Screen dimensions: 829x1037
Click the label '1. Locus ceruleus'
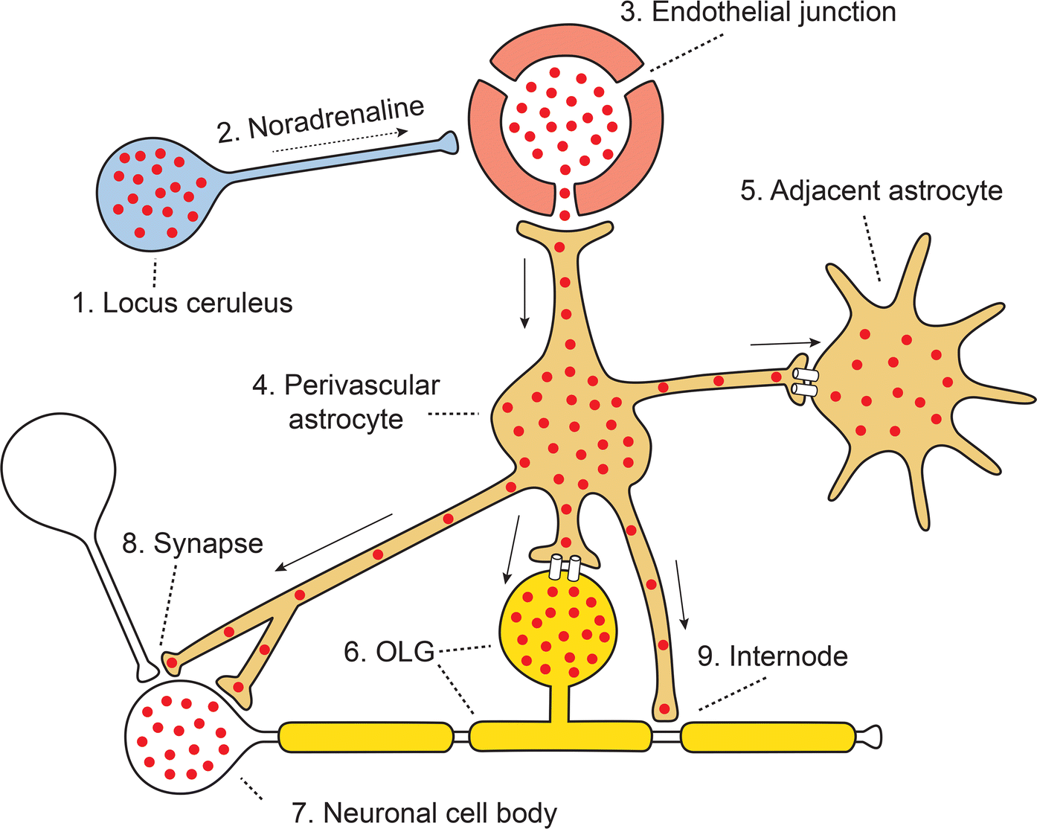pos(182,303)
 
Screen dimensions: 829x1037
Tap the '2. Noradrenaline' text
pos(321,119)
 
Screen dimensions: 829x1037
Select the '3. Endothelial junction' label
pos(758,13)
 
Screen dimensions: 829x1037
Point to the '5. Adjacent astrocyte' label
pos(871,191)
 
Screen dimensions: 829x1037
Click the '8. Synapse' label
pos(193,543)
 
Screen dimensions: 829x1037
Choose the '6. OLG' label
pos(389,652)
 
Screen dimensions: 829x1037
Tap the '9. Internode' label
pos(772,656)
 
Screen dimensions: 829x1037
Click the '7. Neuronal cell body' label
pos(425,813)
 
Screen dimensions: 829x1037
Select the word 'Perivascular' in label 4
pos(362,385)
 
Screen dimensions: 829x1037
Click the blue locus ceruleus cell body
pos(156,193)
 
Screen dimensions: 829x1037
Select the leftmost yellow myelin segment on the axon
pos(365,737)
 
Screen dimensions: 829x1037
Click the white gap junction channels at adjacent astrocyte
pos(805,381)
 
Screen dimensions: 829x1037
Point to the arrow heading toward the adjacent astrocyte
pos(785,343)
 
